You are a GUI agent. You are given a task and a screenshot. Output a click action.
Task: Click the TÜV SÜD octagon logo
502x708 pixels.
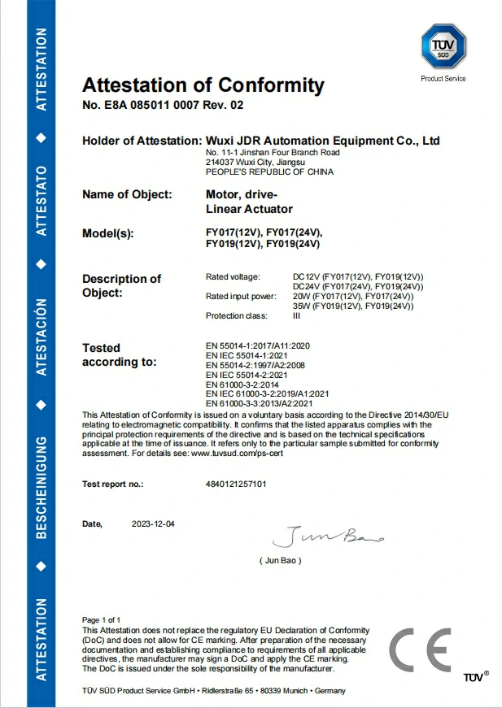click(x=443, y=46)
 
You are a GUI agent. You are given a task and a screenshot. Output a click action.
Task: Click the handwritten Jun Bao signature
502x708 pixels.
click(x=326, y=536)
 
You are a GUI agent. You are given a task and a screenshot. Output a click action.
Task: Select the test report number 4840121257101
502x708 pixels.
click(x=236, y=484)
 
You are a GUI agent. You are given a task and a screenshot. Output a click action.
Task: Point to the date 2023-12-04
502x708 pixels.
click(x=153, y=524)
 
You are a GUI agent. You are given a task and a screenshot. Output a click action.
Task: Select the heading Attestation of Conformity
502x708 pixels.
click(x=203, y=85)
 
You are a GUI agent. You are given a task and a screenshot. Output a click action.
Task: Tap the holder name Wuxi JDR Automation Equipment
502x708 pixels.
click(x=323, y=141)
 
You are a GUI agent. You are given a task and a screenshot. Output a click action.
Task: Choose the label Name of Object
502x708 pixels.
click(x=127, y=194)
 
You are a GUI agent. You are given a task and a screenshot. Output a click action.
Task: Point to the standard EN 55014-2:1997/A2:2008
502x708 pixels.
click(x=257, y=365)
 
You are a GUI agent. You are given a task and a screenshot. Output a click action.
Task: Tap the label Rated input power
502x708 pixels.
click(x=242, y=296)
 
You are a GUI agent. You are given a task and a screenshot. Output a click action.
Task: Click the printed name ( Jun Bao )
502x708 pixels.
click(x=281, y=561)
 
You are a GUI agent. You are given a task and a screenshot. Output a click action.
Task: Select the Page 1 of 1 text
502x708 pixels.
click(x=101, y=620)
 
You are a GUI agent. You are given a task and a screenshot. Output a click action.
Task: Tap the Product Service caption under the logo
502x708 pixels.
click(x=443, y=79)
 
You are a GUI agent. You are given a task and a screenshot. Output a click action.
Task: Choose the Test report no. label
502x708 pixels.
click(x=112, y=484)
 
